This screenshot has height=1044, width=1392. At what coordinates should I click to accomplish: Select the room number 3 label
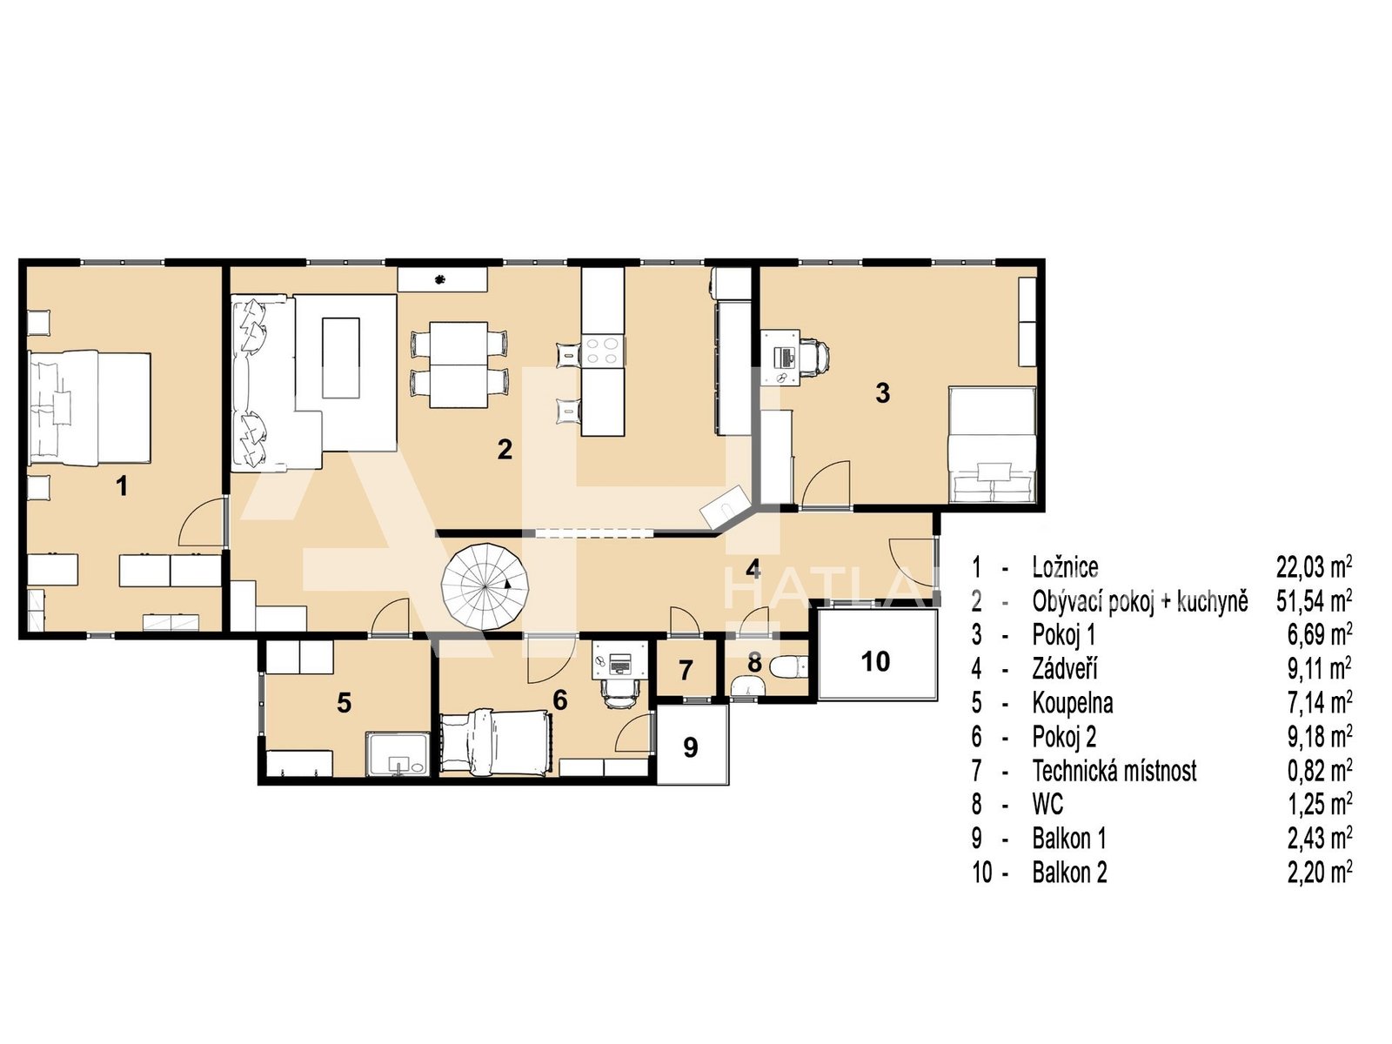click(882, 393)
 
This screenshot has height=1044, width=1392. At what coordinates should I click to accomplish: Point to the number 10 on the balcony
click(876, 661)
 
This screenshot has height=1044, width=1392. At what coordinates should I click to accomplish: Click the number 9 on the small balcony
click(691, 747)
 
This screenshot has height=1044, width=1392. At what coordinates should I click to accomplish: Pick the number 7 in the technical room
click(686, 671)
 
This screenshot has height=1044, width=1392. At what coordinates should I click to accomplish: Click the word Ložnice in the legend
click(1065, 566)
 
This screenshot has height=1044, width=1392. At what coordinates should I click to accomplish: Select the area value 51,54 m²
click(1314, 600)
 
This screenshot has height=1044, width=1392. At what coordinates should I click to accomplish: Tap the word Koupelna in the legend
click(1073, 702)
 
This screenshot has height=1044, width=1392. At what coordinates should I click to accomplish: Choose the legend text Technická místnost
click(1114, 771)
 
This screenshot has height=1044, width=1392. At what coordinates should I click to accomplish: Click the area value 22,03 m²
click(1314, 566)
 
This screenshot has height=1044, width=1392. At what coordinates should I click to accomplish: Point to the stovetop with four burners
click(602, 351)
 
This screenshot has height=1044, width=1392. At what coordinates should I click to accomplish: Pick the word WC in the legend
click(1047, 805)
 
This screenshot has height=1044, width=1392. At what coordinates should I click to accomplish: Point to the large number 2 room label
click(504, 450)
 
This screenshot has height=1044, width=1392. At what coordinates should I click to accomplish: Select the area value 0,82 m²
click(1320, 771)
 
